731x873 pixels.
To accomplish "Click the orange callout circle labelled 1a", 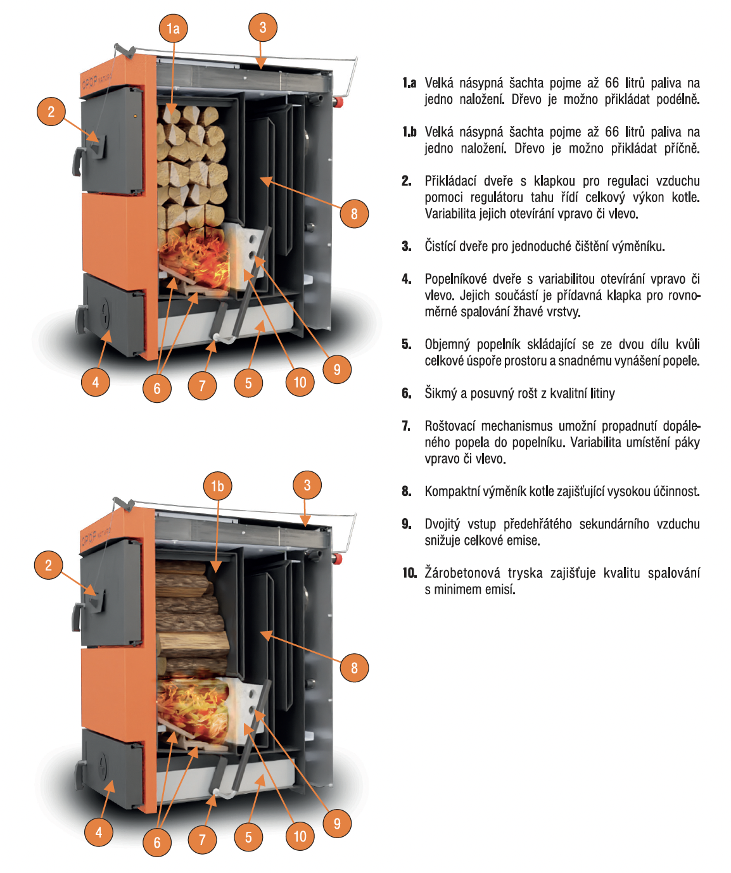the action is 173,28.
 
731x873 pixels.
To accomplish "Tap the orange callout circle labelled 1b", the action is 217,486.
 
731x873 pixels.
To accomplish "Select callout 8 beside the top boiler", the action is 354,213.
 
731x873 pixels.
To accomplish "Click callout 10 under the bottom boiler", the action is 300,836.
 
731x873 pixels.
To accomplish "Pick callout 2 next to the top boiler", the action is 51,112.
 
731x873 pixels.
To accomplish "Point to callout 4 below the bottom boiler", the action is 98,832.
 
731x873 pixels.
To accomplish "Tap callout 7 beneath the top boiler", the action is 202,385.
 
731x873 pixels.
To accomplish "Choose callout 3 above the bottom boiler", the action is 307,485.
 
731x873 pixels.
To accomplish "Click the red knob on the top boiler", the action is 339,102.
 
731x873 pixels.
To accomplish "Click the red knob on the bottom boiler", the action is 339,558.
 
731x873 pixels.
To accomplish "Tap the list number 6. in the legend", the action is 407,393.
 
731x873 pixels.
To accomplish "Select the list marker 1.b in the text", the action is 409,132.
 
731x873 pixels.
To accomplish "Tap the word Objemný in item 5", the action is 447,344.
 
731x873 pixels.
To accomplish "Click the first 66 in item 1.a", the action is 612,83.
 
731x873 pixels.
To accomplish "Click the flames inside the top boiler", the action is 193,257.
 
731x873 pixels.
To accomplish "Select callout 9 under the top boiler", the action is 337,369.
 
